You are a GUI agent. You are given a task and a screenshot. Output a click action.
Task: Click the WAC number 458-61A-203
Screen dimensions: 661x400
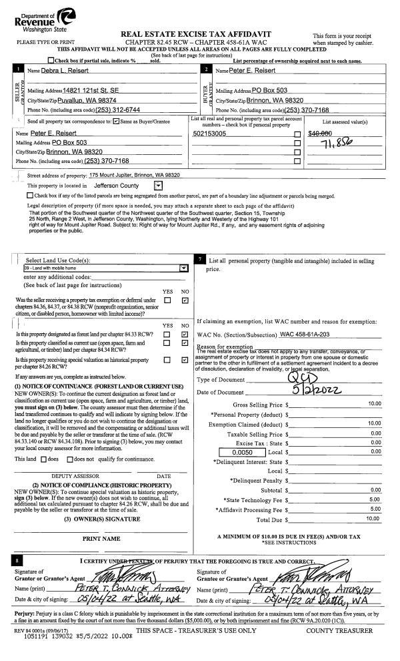[317, 333]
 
